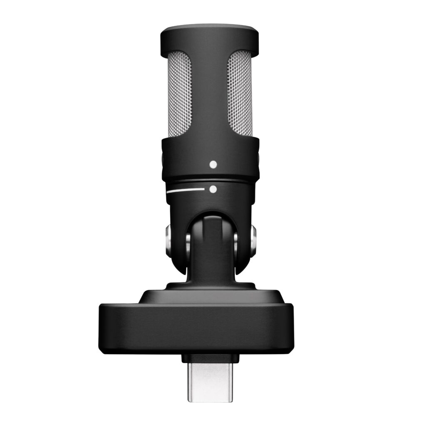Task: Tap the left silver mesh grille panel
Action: tap(179, 94)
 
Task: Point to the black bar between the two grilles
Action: tap(209, 96)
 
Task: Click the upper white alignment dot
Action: tap(213, 164)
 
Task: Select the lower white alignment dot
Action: tap(213, 189)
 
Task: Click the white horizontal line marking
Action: tap(185, 191)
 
